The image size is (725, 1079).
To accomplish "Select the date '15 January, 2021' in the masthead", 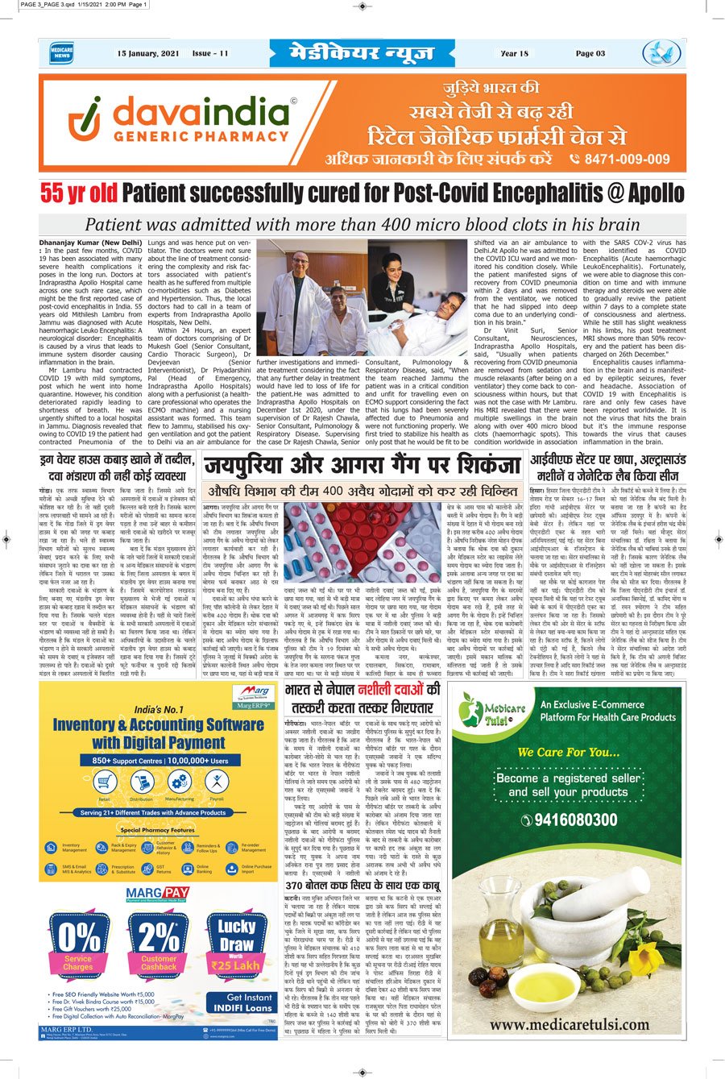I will point(147,54).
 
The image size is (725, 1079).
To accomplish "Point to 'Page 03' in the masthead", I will point(590,54).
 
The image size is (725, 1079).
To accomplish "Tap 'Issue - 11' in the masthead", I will point(210,54).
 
